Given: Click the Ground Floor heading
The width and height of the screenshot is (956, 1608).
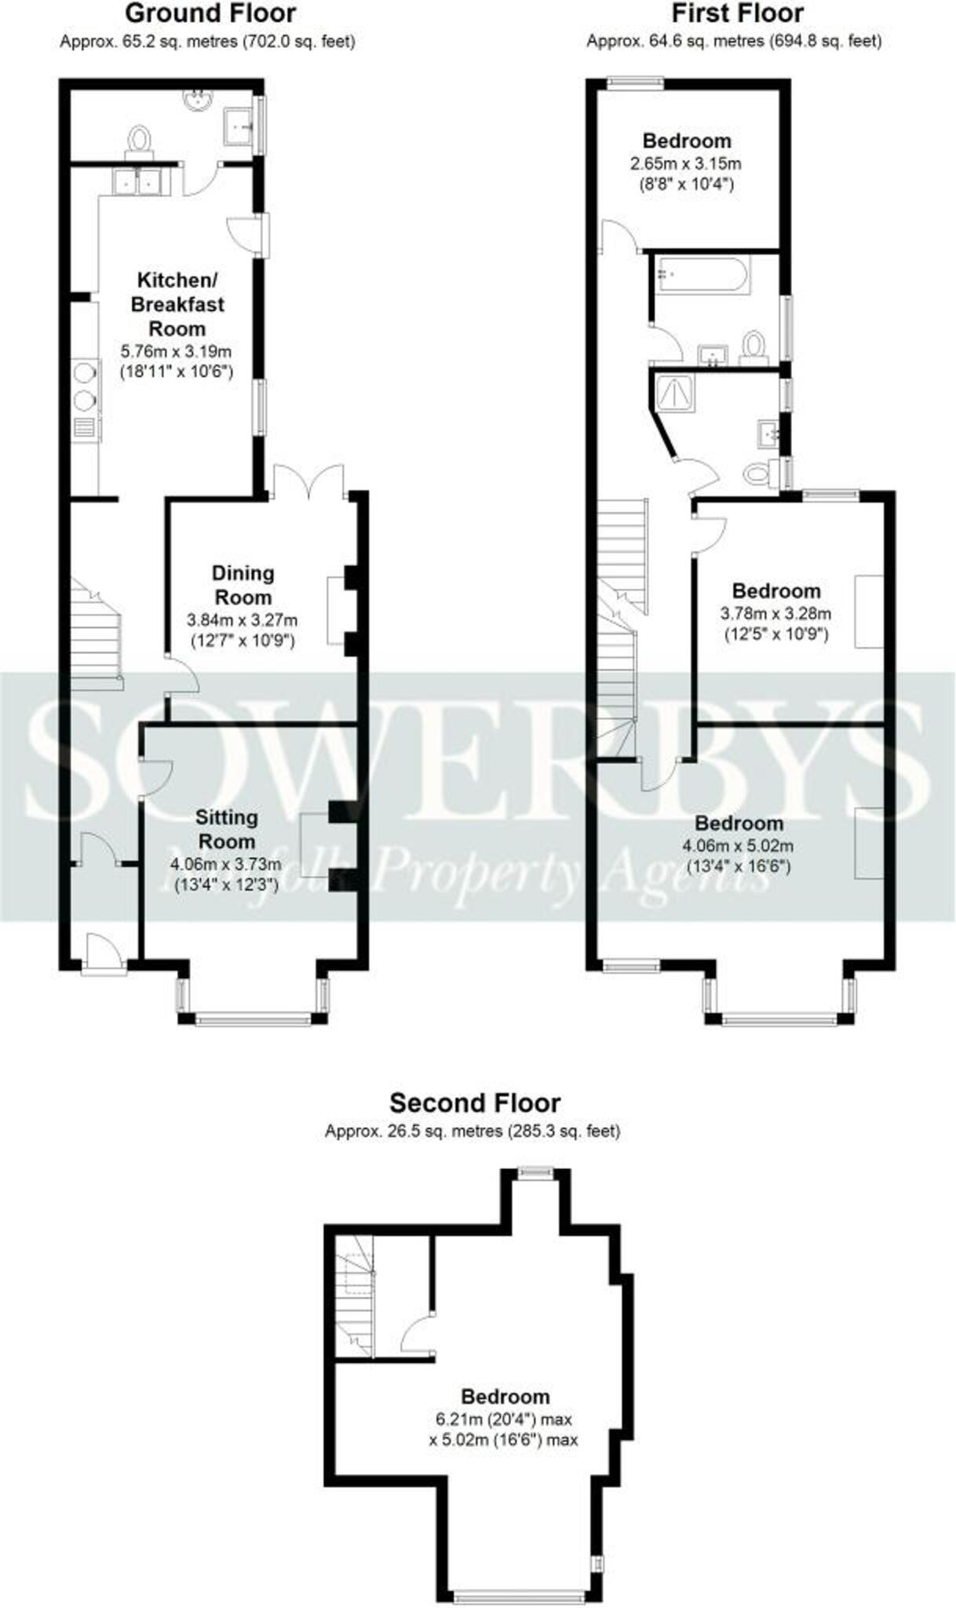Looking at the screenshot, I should click(x=210, y=13).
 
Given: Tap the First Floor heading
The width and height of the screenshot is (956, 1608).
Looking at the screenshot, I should click(x=737, y=13).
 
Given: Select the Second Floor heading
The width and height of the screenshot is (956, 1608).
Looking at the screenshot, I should click(x=475, y=1102).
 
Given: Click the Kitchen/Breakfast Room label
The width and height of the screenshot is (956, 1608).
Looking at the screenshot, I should click(x=177, y=304).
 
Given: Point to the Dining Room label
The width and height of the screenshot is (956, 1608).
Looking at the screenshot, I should click(x=243, y=585).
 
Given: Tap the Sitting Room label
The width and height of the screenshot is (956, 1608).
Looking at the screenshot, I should click(x=226, y=829).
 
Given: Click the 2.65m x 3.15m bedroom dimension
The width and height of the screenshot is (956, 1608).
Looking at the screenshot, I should click(x=685, y=164).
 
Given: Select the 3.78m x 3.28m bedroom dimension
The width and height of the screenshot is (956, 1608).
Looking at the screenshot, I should click(x=775, y=613).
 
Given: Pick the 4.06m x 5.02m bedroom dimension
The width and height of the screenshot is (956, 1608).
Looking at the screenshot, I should click(x=739, y=846).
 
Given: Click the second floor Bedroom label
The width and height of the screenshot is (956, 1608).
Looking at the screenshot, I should click(x=505, y=1397).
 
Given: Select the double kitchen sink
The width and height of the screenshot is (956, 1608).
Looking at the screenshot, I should click(x=138, y=181).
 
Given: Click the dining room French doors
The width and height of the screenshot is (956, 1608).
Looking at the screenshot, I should click(x=308, y=480).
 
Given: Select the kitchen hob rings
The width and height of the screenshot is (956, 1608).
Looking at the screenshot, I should click(x=84, y=386).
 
